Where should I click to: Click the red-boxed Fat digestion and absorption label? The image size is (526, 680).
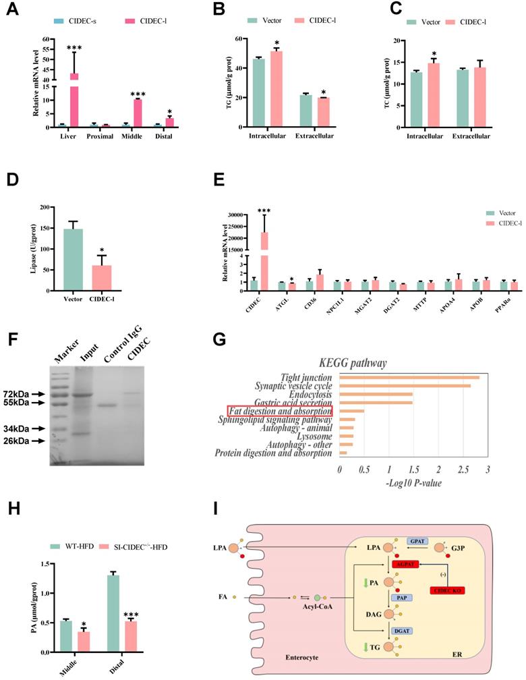pos(279,411)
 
